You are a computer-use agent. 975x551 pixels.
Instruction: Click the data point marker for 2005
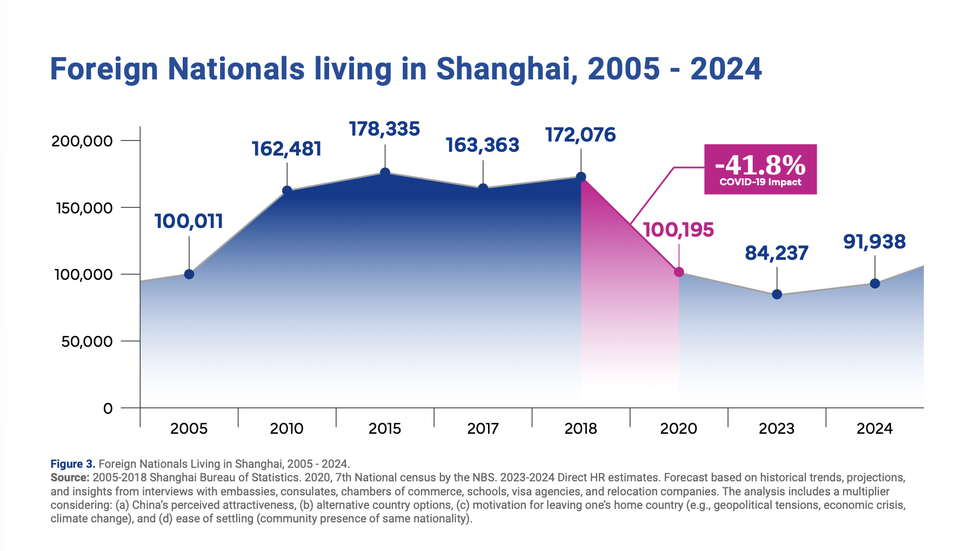pos(189,274)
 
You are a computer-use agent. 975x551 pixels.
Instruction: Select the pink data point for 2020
pos(679,272)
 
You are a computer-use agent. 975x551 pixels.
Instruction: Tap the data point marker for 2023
pos(777,294)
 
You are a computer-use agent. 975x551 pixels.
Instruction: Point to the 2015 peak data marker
pos(385,173)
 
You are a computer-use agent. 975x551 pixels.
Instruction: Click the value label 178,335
pos(384,129)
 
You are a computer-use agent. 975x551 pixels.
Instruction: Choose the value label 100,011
pos(189,221)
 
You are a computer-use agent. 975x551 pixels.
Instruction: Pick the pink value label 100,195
pos(678,230)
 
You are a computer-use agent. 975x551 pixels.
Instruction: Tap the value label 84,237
pos(777,253)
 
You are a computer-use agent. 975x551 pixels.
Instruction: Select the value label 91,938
pos(874,242)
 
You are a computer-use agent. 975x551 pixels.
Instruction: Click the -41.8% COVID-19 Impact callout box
pos(760,169)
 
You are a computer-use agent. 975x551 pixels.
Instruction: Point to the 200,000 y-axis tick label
pos(82,142)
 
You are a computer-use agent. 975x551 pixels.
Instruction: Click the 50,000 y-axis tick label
pos(86,341)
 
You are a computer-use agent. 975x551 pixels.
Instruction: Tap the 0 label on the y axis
pos(108,409)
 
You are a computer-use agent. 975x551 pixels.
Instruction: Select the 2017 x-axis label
pos(483,429)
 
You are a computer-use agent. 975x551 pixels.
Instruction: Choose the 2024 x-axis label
pos(874,429)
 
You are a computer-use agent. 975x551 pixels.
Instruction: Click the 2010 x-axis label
pos(287,429)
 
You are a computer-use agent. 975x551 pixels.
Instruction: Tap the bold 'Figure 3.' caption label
pos(73,464)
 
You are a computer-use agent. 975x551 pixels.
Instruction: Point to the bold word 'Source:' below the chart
pos(70,478)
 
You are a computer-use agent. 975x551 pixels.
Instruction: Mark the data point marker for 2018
pos(581,177)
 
